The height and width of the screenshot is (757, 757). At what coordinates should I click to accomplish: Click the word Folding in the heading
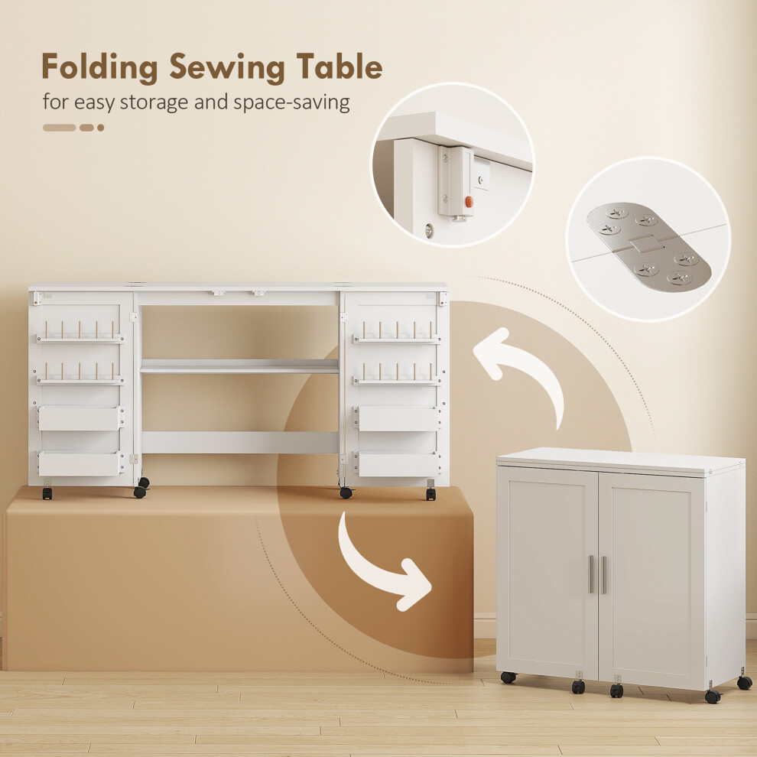(99, 67)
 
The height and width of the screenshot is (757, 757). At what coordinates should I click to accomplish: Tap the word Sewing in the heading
(227, 67)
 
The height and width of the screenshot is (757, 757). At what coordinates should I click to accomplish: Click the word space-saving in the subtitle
(291, 102)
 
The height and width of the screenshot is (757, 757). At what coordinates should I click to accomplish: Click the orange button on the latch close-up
(468, 201)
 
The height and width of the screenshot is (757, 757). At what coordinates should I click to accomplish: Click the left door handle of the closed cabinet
(590, 574)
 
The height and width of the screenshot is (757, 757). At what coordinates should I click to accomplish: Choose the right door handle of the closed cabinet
(603, 574)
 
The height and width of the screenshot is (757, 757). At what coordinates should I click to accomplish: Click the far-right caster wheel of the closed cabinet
(745, 682)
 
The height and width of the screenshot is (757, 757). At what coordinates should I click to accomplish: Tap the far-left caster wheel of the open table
(47, 493)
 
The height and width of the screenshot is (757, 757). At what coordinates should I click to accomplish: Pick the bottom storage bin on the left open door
(80, 463)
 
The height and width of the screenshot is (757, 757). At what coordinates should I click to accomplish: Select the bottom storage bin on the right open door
(398, 464)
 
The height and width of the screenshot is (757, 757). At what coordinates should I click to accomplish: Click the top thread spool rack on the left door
(80, 332)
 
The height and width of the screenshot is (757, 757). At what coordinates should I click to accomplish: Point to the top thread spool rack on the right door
(396, 332)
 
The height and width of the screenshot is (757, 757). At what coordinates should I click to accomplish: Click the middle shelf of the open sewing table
(239, 366)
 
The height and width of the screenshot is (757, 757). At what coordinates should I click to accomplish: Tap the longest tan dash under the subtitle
(60, 128)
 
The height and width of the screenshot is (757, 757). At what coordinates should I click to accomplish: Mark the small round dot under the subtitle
(100, 128)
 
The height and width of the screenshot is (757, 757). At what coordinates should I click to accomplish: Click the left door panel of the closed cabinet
(547, 570)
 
